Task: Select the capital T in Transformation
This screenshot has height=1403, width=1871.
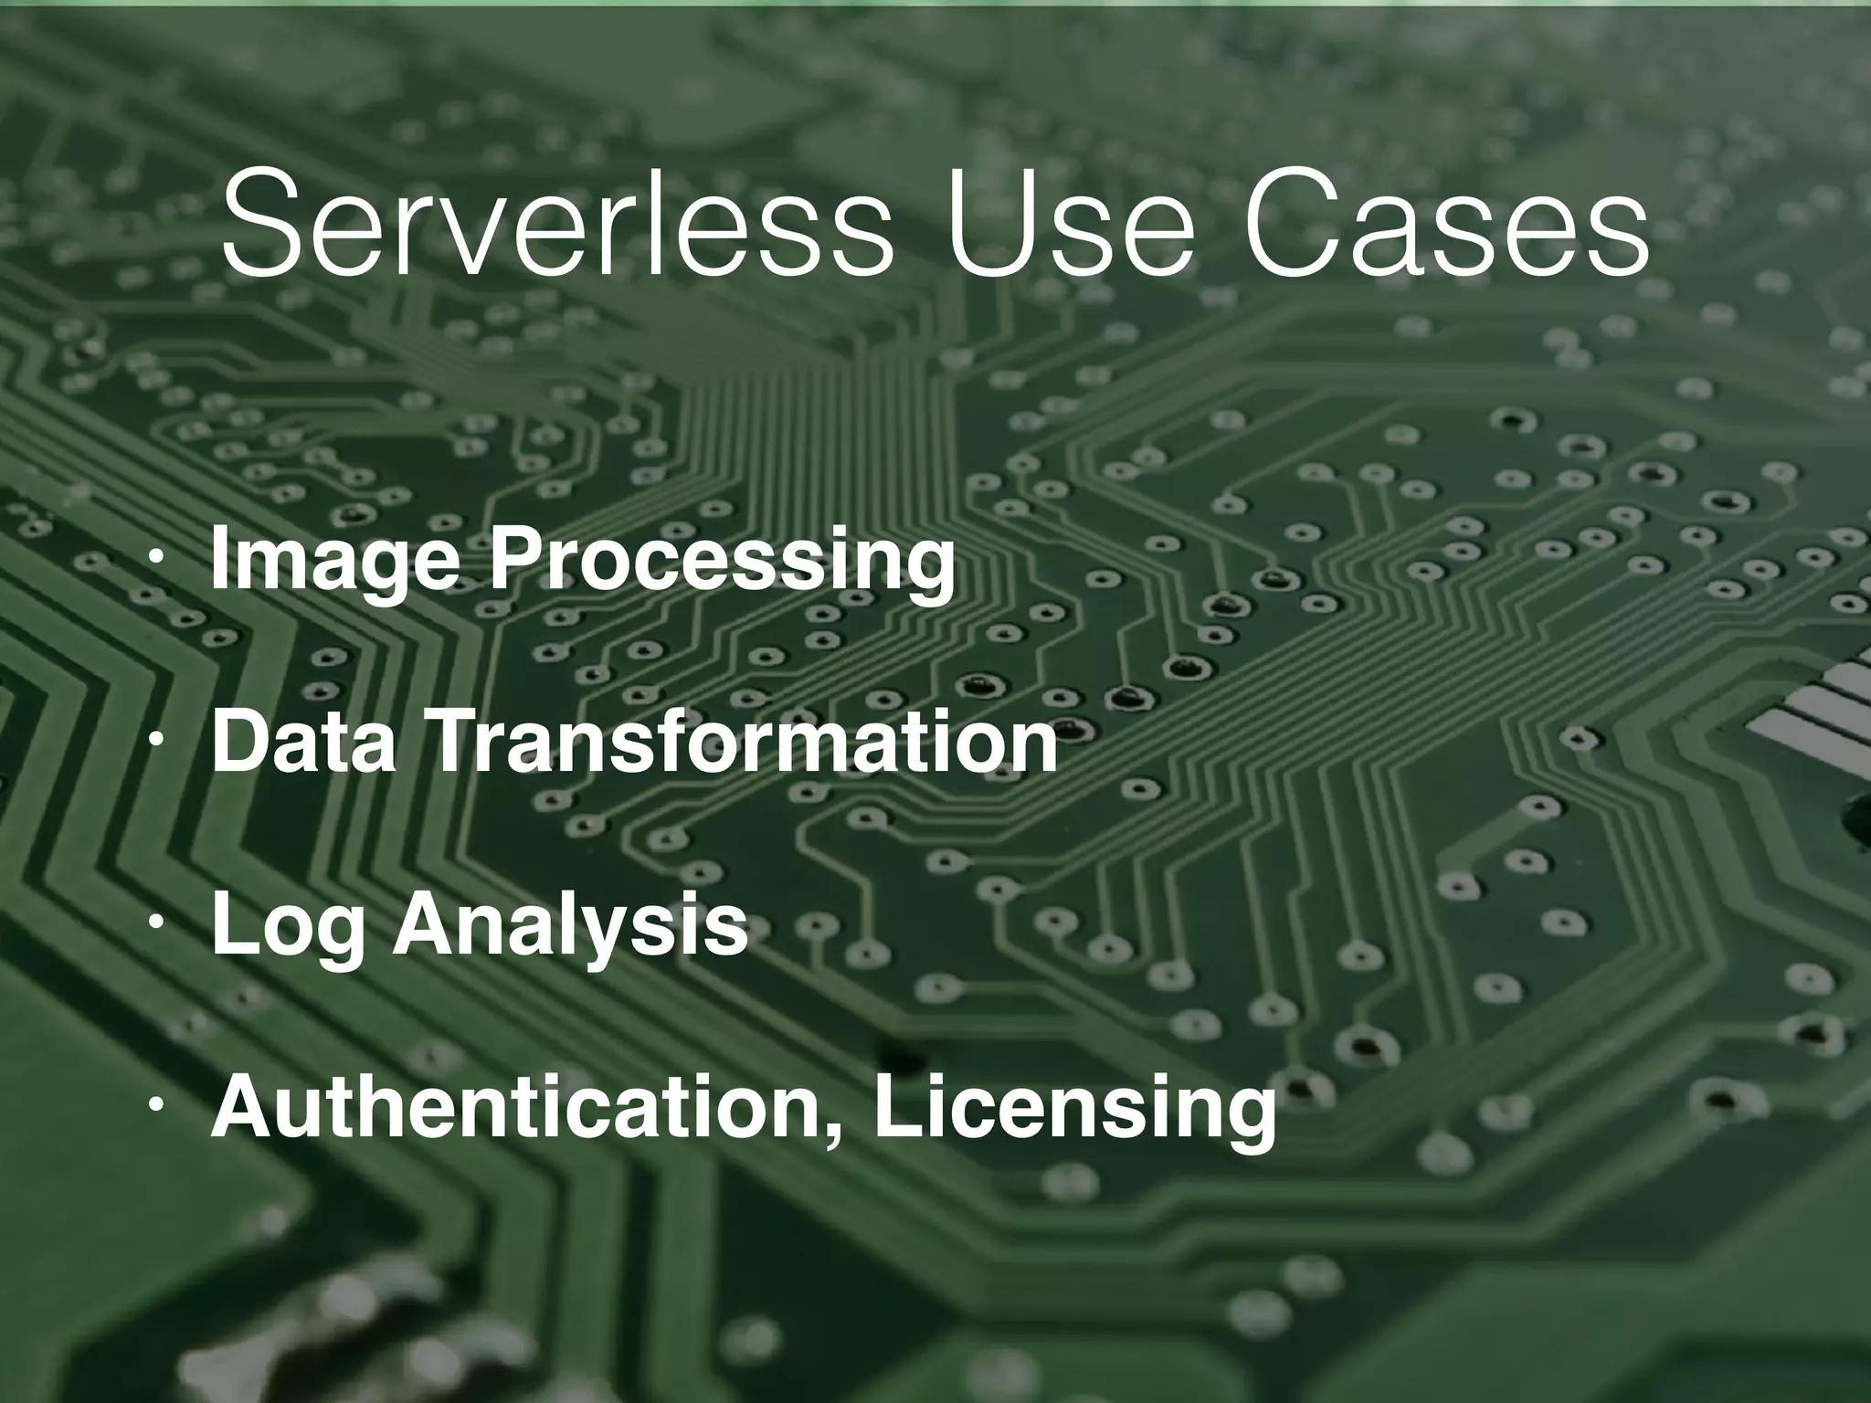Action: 454,742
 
